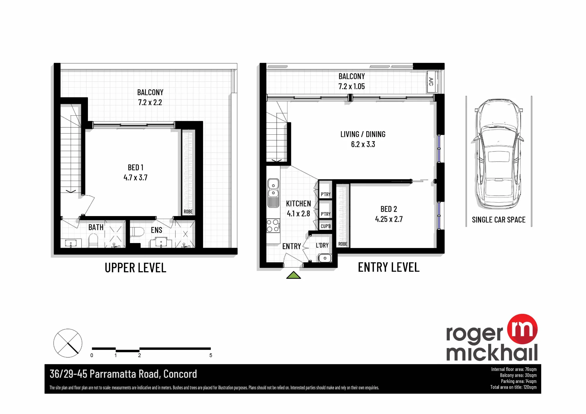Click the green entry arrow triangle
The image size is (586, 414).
[x=294, y=275]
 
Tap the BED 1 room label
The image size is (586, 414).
[x=136, y=167]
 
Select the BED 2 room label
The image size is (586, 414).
[x=389, y=209]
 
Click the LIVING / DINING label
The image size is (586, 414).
[x=363, y=134]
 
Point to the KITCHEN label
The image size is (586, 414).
[x=299, y=203]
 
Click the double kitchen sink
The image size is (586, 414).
[x=273, y=193]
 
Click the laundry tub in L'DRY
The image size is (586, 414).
[x=325, y=258]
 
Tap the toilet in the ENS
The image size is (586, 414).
[x=137, y=232]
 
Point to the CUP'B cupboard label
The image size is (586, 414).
[x=326, y=226]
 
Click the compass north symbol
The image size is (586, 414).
[x=68, y=343]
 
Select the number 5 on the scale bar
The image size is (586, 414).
[x=211, y=355]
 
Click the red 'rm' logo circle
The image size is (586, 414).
[x=522, y=329]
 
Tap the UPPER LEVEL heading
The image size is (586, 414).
[x=135, y=268]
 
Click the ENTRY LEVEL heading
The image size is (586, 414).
[x=389, y=267]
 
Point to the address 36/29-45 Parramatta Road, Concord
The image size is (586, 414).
[x=123, y=374]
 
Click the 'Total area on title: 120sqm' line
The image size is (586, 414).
[x=513, y=387]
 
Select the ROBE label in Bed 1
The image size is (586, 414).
[x=188, y=212]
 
